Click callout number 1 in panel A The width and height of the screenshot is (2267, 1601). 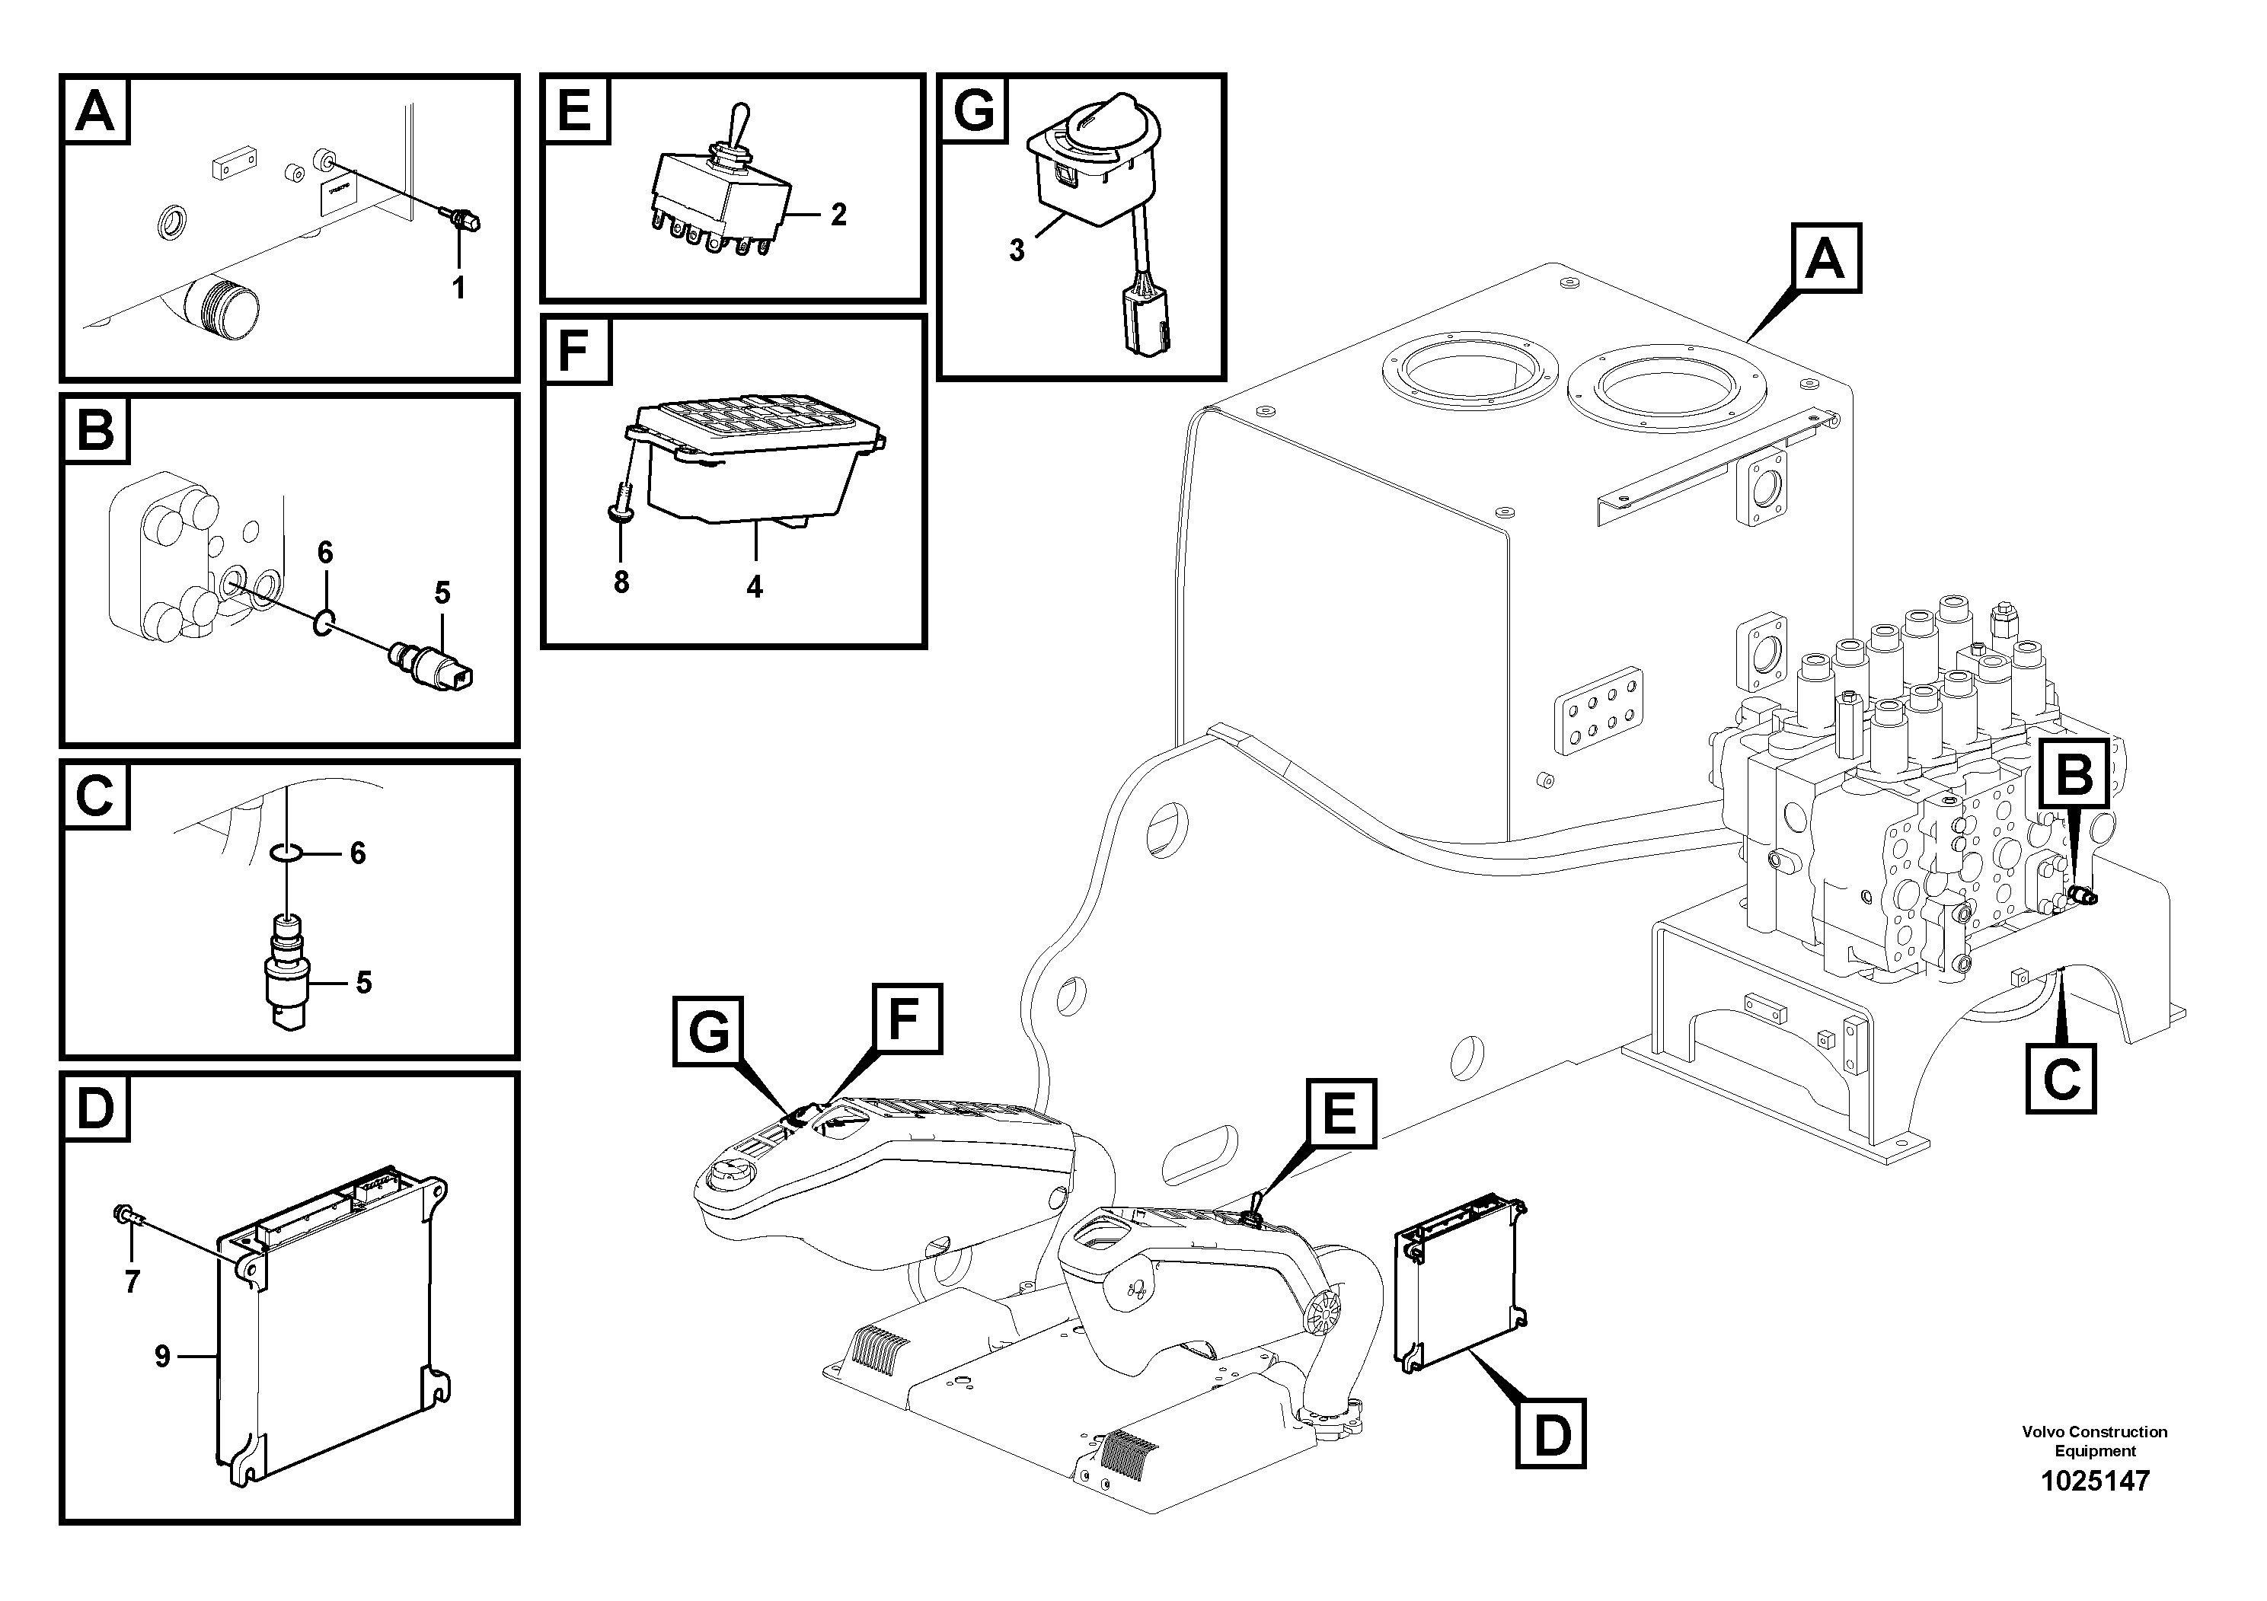tap(458, 289)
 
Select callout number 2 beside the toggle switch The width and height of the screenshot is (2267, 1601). tap(838, 214)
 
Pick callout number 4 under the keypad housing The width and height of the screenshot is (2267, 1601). tap(755, 587)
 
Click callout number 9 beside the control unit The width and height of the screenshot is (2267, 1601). tap(163, 1356)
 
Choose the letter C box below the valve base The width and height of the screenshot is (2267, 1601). tap(2061, 1079)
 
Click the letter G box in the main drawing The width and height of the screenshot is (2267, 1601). tap(708, 1032)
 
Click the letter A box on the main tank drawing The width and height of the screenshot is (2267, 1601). tap(1825, 259)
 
